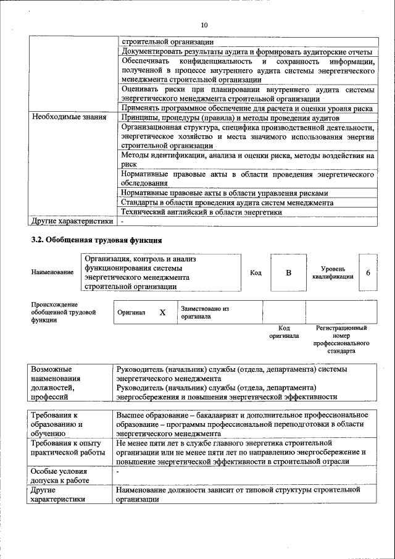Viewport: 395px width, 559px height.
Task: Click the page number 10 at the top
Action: click(204, 25)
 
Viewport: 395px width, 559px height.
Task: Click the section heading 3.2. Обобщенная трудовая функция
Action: click(97, 240)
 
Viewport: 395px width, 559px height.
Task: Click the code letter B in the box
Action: click(288, 272)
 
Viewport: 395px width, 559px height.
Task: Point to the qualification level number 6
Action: click(368, 272)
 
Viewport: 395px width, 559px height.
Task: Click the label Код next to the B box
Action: click(256, 272)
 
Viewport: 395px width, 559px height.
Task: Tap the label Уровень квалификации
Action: click(333, 272)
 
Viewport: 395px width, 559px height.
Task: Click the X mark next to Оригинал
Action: click(163, 313)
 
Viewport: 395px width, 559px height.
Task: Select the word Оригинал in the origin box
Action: click(131, 313)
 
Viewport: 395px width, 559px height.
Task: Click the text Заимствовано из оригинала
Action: click(205, 312)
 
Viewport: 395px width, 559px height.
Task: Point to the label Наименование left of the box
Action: click(52, 272)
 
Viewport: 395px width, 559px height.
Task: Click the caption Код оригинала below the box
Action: click(284, 332)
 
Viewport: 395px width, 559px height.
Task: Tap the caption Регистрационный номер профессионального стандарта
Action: click(341, 339)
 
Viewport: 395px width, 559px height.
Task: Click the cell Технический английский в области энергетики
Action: click(202, 212)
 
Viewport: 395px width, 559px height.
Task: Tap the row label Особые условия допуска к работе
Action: click(60, 475)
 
